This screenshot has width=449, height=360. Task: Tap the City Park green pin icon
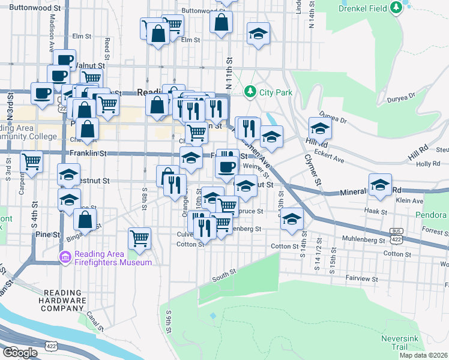pyautogui.click(x=250, y=92)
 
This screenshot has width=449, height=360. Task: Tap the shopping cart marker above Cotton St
pyautogui.click(x=140, y=238)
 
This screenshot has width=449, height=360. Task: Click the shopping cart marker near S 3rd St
pyautogui.click(x=31, y=161)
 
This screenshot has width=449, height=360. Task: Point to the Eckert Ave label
pyautogui.click(x=330, y=160)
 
